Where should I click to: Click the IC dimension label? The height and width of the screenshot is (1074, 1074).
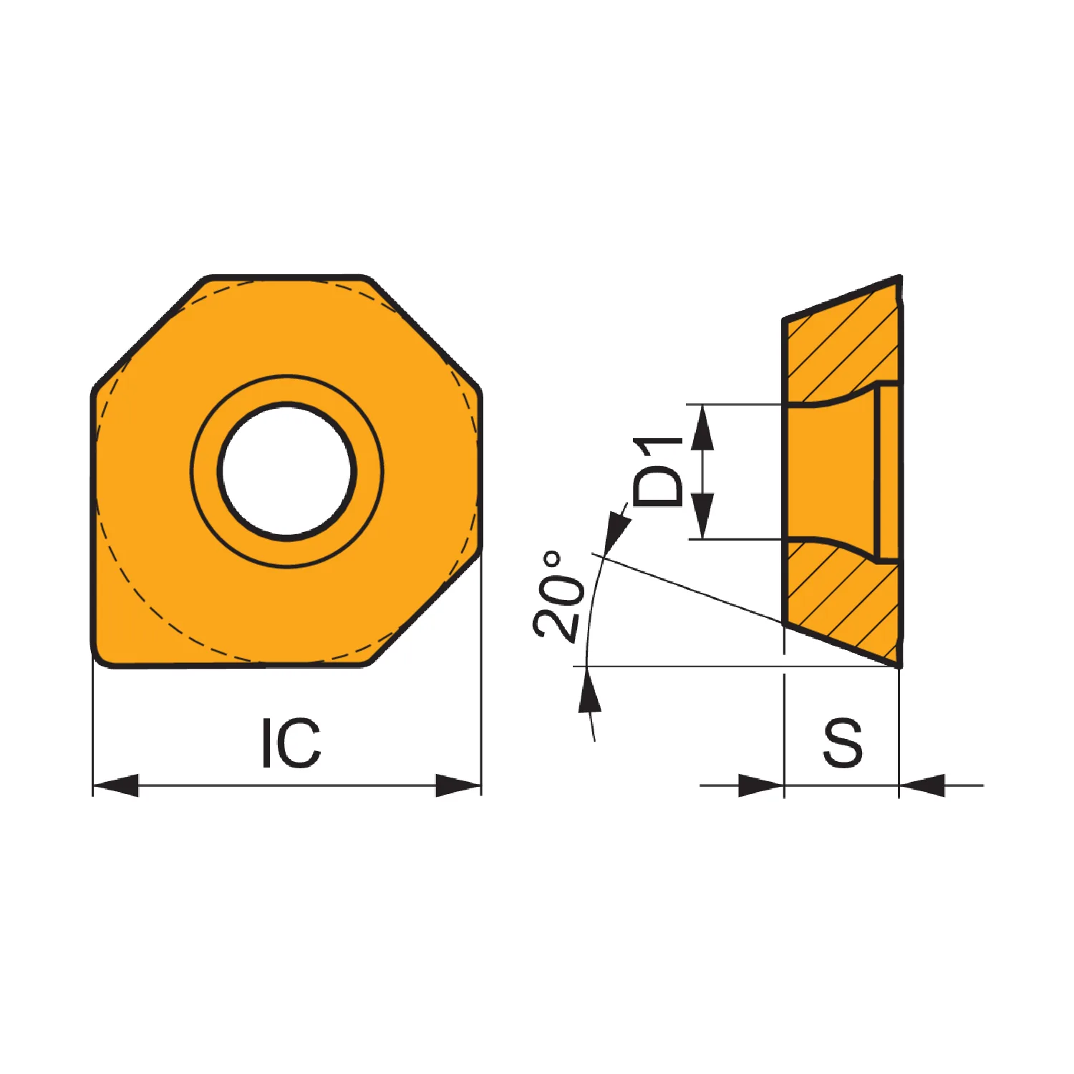291,742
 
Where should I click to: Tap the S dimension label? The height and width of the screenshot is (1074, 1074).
843,742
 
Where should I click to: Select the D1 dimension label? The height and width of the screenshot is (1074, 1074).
658,472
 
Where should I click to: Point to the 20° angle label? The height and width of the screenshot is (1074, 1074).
559,595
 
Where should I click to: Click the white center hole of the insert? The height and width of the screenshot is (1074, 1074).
287,471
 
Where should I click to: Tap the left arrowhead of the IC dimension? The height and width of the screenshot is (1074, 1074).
115,785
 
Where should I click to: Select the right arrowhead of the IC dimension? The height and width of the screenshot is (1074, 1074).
458,785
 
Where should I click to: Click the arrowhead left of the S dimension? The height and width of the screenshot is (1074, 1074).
761,785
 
